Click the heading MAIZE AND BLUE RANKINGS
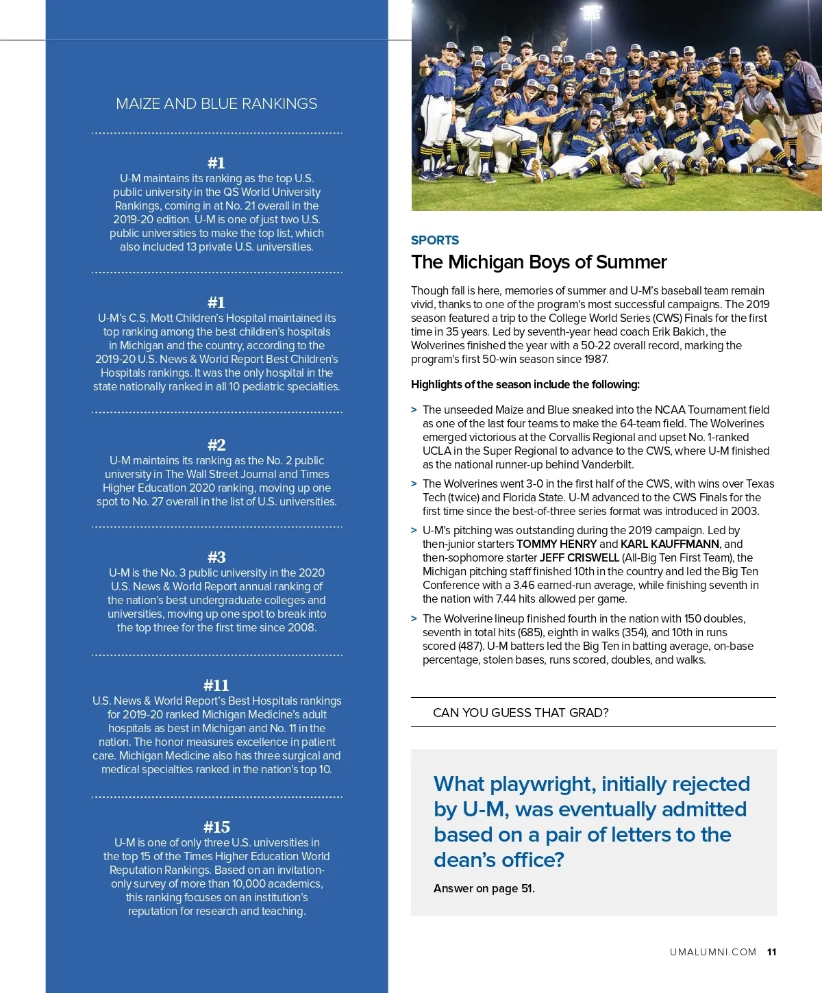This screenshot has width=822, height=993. [x=216, y=104]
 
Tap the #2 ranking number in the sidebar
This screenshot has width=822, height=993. [x=216, y=445]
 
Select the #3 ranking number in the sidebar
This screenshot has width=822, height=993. [x=216, y=557]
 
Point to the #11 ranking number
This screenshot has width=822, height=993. [x=216, y=686]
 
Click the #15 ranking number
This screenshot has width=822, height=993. [x=216, y=827]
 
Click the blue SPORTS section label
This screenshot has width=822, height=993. [x=435, y=240]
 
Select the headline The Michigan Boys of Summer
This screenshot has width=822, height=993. [x=538, y=262]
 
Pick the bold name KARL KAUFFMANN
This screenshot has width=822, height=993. [x=670, y=544]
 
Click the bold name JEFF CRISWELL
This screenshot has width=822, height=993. [x=580, y=558]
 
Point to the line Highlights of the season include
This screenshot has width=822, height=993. [x=525, y=385]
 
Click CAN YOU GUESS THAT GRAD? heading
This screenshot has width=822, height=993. [x=521, y=713]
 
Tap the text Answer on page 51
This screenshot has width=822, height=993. [x=484, y=889]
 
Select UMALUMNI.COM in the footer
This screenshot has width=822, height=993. [x=713, y=953]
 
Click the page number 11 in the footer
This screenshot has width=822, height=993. [x=772, y=953]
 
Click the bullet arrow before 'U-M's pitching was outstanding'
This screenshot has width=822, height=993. [x=414, y=531]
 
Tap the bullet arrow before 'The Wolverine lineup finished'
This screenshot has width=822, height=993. [x=414, y=619]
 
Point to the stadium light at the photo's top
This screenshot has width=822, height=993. [x=590, y=10]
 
